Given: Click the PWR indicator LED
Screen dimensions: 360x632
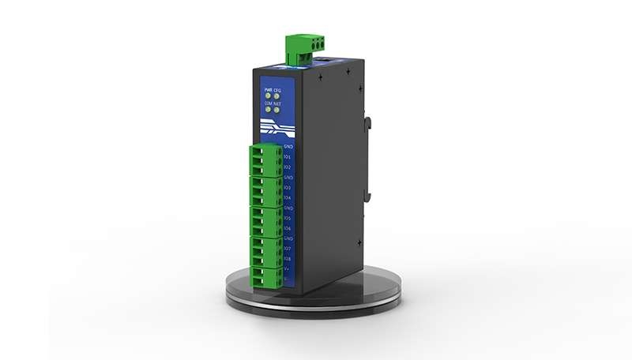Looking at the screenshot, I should tap(268, 97).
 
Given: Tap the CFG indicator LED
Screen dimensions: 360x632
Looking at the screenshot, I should tap(277, 97).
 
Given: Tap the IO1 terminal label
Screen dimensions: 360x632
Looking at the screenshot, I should tap(288, 157).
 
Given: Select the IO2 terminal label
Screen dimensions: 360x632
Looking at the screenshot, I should tap(288, 167).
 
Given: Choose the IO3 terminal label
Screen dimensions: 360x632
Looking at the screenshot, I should tap(288, 188).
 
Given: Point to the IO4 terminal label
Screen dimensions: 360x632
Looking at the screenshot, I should tap(288, 198).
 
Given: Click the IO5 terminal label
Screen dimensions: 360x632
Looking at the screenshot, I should tap(288, 218).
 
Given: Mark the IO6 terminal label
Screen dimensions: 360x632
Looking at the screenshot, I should tap(288, 228).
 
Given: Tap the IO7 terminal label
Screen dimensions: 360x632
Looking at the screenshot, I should tap(288, 249).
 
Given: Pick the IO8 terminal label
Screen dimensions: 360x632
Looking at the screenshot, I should tap(288, 259).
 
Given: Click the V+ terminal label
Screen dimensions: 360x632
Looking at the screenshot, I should tap(288, 269).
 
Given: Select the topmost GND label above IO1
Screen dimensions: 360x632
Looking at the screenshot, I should tap(288, 147).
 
